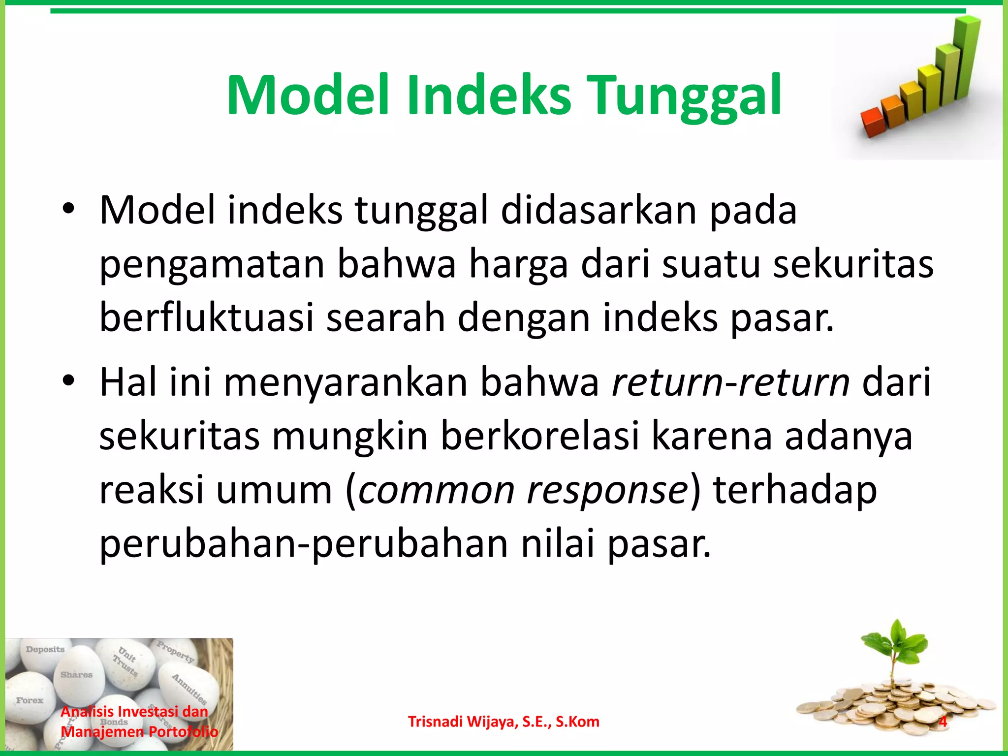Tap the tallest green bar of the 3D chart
click(967, 57)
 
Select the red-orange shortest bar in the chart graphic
click(873, 123)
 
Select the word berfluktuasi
click(206, 317)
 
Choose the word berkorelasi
click(539, 436)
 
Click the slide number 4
click(943, 722)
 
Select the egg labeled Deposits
click(45, 657)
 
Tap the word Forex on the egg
click(30, 700)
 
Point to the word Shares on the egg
click(76, 675)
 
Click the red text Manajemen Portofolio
click(139, 731)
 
